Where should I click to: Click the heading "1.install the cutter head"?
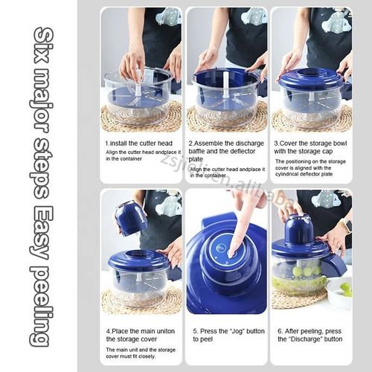click(139, 142)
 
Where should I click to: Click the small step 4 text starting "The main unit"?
click(140, 353)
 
